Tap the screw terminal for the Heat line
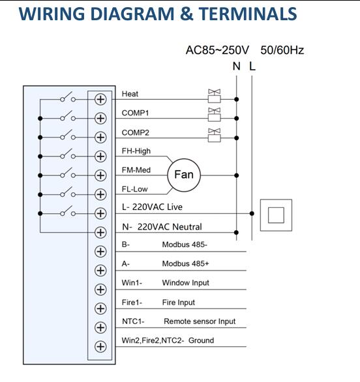click(x=100, y=99)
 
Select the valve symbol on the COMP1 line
click(x=215, y=115)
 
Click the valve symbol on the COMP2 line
click(x=215, y=135)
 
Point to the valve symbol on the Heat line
click(x=215, y=96)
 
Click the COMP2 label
click(x=135, y=132)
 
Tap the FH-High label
click(x=136, y=151)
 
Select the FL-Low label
click(x=134, y=189)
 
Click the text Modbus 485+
click(x=185, y=263)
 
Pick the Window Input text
click(x=185, y=283)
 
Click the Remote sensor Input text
click(x=200, y=321)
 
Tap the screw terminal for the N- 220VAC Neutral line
click(x=100, y=233)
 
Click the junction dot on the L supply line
click(x=252, y=213)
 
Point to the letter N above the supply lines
click(x=237, y=66)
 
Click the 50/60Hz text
click(x=282, y=50)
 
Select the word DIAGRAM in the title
click(x=132, y=14)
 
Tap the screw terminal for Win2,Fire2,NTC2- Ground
click(x=100, y=346)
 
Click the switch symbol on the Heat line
click(x=68, y=97)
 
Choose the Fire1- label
click(x=132, y=302)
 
